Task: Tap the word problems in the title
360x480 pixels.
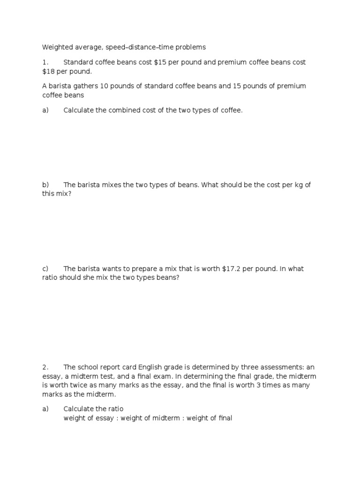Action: point(190,47)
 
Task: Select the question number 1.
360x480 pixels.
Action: point(45,62)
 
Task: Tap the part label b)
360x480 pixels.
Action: point(45,185)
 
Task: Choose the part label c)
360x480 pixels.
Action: point(45,269)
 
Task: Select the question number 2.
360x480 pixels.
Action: point(45,367)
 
